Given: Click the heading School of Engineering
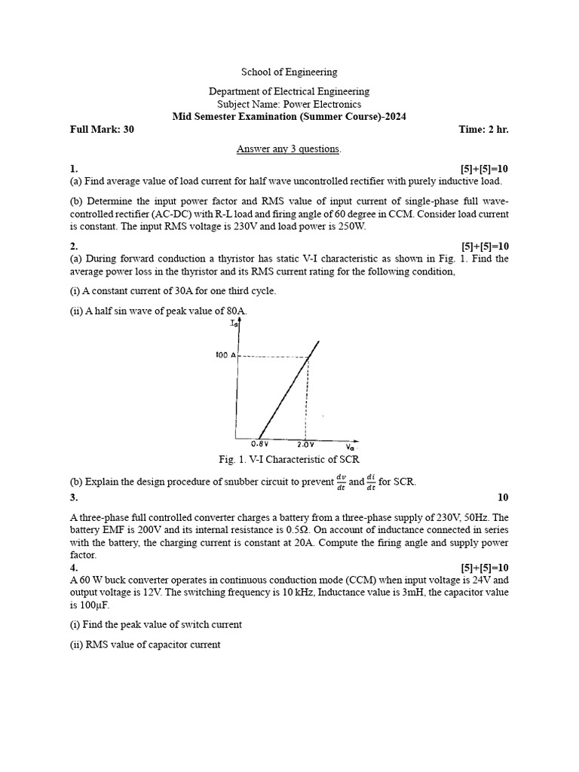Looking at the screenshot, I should (x=289, y=72).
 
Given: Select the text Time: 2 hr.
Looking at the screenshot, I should (x=483, y=130).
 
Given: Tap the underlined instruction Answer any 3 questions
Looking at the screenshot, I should (x=289, y=149).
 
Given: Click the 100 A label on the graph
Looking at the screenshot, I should (x=225, y=354).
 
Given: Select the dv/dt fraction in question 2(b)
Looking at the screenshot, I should (x=338, y=482).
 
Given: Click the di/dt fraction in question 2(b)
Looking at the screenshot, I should (x=370, y=482).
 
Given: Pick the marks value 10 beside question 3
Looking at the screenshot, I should (x=503, y=498).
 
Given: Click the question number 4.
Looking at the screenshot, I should (x=74, y=568).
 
